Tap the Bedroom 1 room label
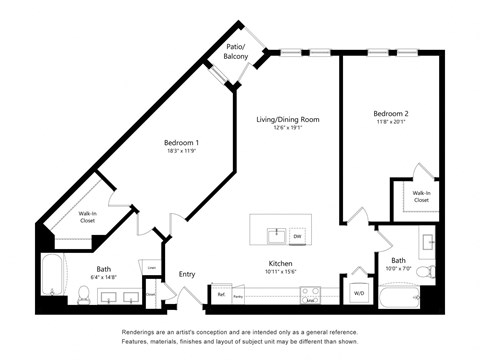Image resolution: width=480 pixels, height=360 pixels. (x=181, y=143)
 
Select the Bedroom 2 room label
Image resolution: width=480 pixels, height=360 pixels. (x=385, y=113)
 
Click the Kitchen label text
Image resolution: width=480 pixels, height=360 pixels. (x=280, y=264)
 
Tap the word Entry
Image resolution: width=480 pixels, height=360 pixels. (x=187, y=274)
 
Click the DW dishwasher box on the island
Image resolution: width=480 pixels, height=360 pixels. (x=297, y=237)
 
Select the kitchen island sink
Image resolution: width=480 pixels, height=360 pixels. (x=275, y=236)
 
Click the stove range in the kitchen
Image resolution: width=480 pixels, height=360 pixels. (x=310, y=295)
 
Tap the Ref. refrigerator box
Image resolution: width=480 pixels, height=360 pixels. (x=221, y=295)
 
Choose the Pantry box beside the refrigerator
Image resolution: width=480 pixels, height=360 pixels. (x=238, y=295)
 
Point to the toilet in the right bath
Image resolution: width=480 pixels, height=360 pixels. (x=424, y=271)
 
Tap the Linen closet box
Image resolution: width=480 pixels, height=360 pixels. (x=150, y=267)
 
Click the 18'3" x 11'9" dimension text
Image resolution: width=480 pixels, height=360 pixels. (x=181, y=153)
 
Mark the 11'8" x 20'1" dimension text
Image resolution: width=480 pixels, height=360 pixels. (x=385, y=123)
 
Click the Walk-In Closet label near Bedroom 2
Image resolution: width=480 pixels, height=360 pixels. (x=420, y=196)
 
